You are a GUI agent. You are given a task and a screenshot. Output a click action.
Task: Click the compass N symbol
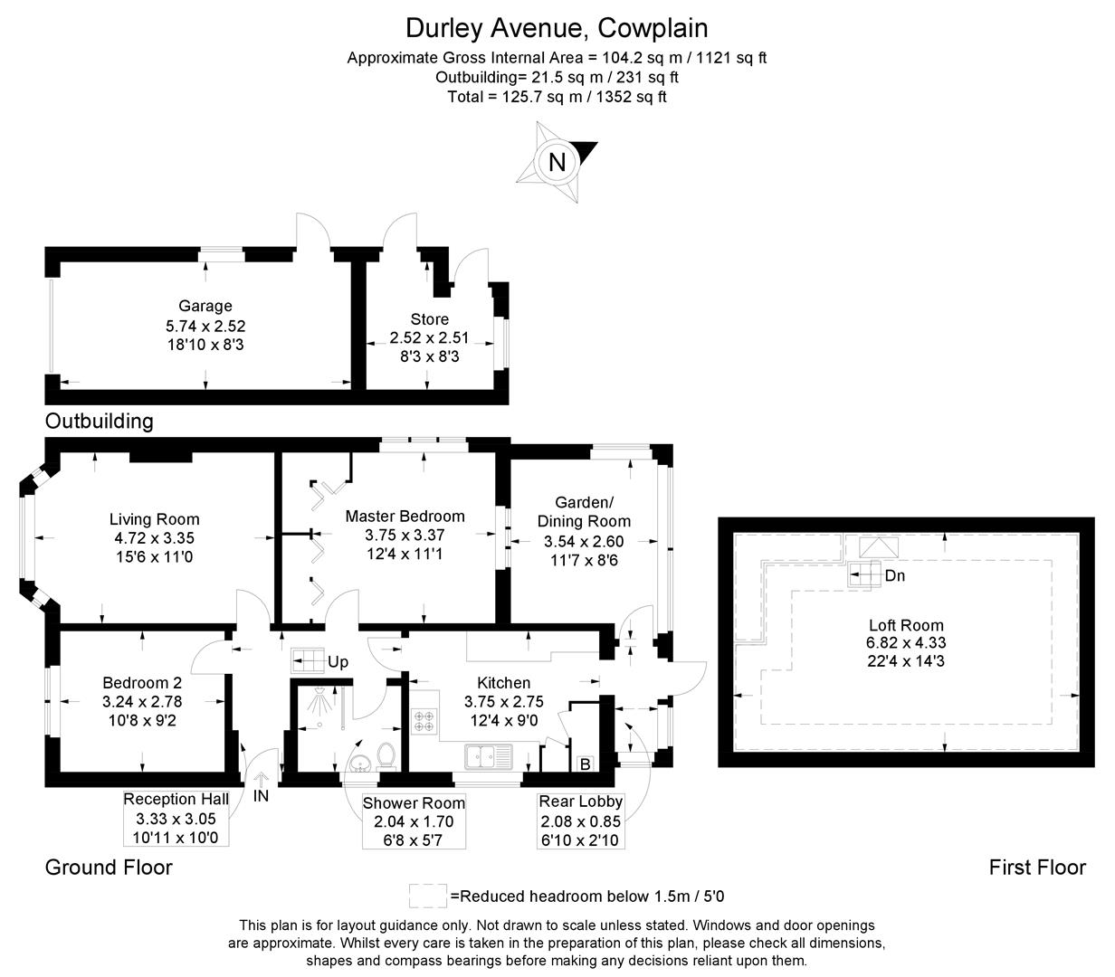coord(557,162)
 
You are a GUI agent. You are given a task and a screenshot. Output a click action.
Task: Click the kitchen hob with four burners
coord(424,722)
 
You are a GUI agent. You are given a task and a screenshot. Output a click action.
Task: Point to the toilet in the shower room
coord(386,755)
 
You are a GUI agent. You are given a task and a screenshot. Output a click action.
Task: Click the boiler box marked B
coord(585,764)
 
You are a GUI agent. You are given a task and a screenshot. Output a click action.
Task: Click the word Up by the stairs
coord(338,662)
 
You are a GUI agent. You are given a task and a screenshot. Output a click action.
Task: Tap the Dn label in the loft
coord(894,575)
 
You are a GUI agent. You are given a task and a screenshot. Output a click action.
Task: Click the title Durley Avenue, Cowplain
coord(557,28)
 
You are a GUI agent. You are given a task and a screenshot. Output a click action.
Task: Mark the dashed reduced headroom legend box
coord(427,896)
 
